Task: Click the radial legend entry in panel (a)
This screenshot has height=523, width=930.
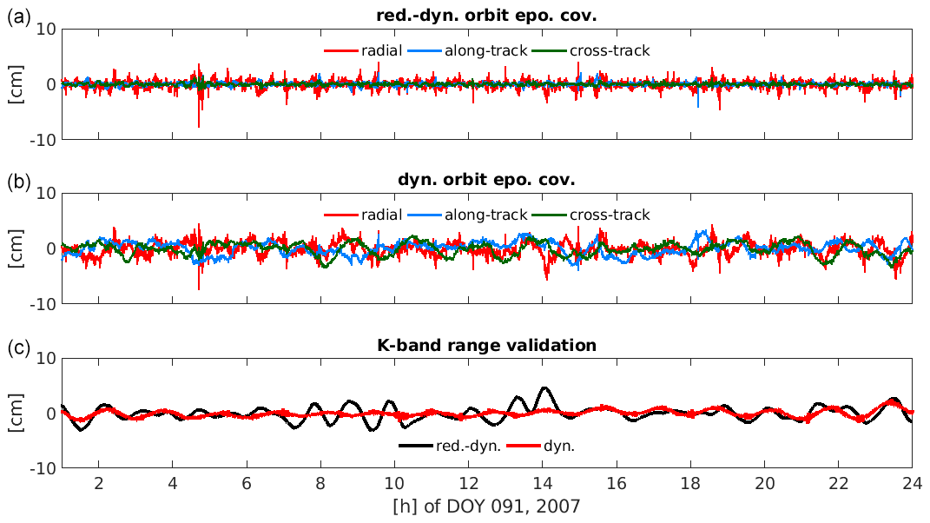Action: coord(363,50)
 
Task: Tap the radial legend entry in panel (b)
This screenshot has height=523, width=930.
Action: coord(363,215)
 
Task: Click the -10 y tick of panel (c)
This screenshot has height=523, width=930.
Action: coord(44,467)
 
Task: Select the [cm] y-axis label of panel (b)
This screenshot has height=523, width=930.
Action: coord(16,248)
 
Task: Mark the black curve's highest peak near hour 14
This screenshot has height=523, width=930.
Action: coord(544,387)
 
